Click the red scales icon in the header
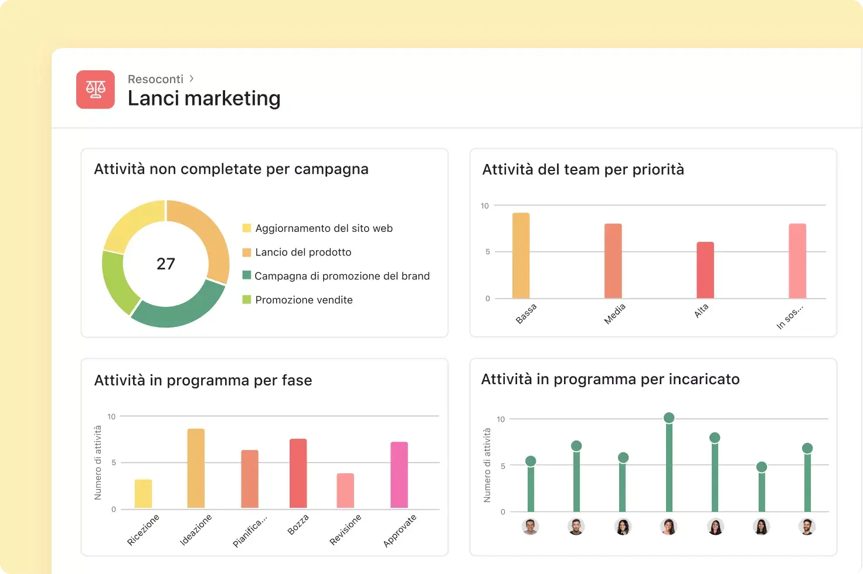[x=95, y=89]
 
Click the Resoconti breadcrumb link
[x=155, y=79]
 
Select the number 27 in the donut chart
[x=166, y=264]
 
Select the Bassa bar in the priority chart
[x=521, y=255]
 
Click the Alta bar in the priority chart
[x=705, y=270]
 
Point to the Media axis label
[x=614, y=314]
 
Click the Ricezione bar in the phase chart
[x=143, y=494]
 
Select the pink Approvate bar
[x=399, y=475]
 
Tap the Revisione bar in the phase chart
[x=345, y=491]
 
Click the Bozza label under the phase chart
[x=298, y=524]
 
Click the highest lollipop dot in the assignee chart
[x=669, y=418]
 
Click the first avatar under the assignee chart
[x=530, y=527]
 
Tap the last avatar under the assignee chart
[x=807, y=527]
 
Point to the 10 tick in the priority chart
[x=485, y=206]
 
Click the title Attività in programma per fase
[x=203, y=380]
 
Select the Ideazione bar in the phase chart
[x=196, y=469]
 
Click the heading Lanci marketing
[x=204, y=98]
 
